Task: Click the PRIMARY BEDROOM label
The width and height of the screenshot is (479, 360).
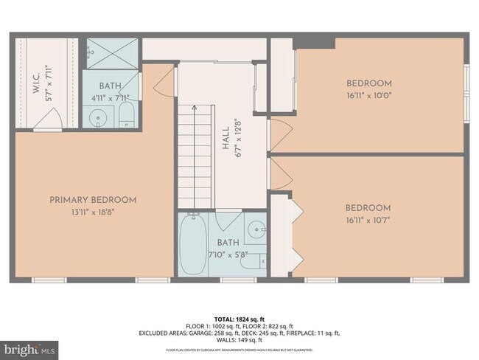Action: [93, 200]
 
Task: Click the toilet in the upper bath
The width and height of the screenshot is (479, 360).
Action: [126, 114]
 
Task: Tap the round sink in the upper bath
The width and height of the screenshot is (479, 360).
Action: [99, 117]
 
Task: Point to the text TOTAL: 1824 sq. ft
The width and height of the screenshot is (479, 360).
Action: [239, 317]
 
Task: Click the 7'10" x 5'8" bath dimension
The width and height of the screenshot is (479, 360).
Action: [228, 255]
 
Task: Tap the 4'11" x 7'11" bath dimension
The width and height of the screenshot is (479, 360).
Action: [110, 97]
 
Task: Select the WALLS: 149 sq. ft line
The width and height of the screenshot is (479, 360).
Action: [239, 340]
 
